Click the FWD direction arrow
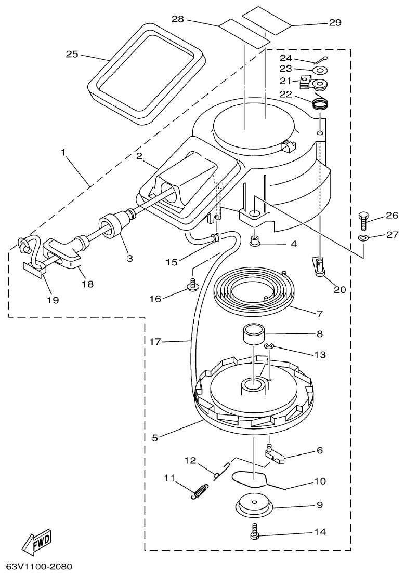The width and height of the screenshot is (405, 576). [x=37, y=544]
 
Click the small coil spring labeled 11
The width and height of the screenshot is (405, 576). [x=200, y=490]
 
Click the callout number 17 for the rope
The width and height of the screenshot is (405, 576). [x=156, y=342]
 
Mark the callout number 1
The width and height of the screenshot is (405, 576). [x=63, y=153]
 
